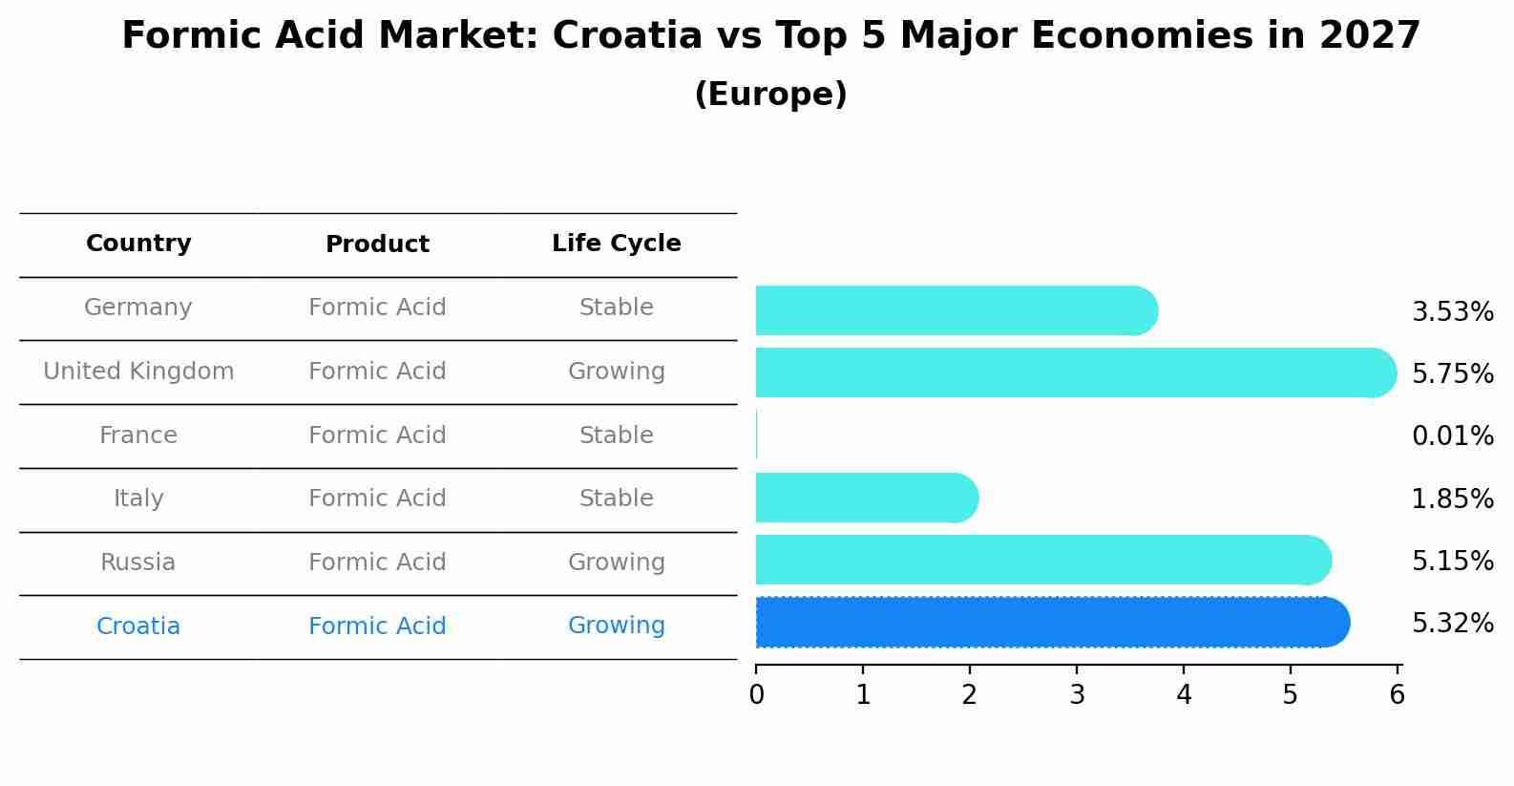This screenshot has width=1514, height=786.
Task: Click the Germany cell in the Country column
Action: [138, 308]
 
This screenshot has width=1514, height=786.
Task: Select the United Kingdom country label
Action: [138, 372]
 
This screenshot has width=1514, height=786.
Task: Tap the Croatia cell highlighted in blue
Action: [138, 627]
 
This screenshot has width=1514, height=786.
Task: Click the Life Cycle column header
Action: [616, 244]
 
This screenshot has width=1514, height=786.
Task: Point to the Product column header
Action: [377, 244]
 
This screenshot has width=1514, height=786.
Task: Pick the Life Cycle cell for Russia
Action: [616, 563]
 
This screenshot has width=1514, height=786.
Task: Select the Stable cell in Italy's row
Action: [616, 499]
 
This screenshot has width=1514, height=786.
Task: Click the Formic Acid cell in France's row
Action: [377, 435]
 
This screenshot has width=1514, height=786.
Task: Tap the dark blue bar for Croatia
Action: [1050, 623]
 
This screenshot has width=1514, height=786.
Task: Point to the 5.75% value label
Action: [1452, 374]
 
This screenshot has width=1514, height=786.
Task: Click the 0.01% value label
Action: [1452, 436]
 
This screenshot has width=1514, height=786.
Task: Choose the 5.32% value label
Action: [1452, 624]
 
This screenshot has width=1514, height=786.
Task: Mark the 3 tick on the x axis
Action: [1077, 695]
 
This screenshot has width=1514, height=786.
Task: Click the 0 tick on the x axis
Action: [756, 695]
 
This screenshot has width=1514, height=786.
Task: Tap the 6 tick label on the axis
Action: [1397, 695]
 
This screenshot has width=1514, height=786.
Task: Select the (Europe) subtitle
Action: [770, 95]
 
